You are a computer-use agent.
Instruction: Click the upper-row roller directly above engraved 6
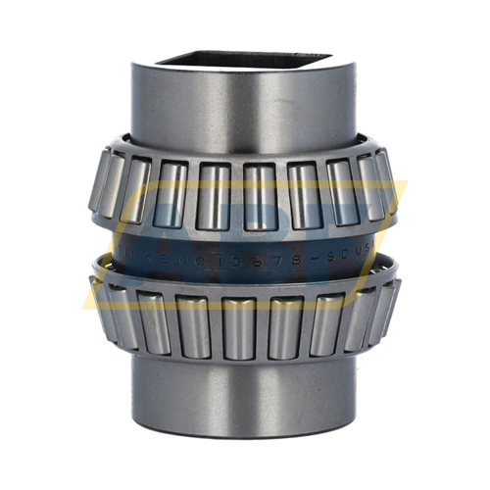260,190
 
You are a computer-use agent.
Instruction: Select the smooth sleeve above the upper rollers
245,108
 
